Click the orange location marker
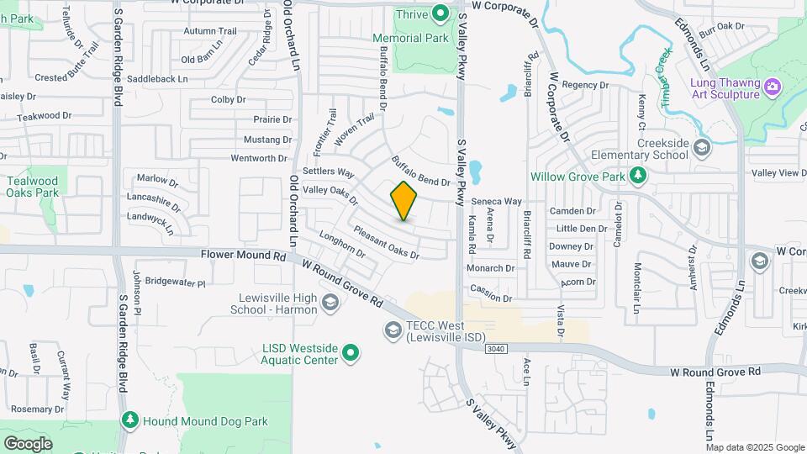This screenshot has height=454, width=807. [x=404, y=201]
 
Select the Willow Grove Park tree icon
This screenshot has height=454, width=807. [x=638, y=175]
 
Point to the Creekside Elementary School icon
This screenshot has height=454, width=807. [x=702, y=148]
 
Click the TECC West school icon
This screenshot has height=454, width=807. [x=393, y=331]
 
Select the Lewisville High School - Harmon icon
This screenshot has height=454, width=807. [x=330, y=304]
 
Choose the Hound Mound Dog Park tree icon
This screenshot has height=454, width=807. [x=129, y=420]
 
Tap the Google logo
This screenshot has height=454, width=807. [x=28, y=443]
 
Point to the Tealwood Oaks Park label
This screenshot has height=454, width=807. [x=33, y=187]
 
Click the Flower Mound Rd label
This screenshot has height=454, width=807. [x=244, y=254]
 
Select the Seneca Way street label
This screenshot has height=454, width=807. [x=496, y=202]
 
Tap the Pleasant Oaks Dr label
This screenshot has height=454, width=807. [x=386, y=242]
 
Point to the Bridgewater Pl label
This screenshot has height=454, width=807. [x=175, y=282]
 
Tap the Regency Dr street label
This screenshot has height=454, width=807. [x=584, y=85]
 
